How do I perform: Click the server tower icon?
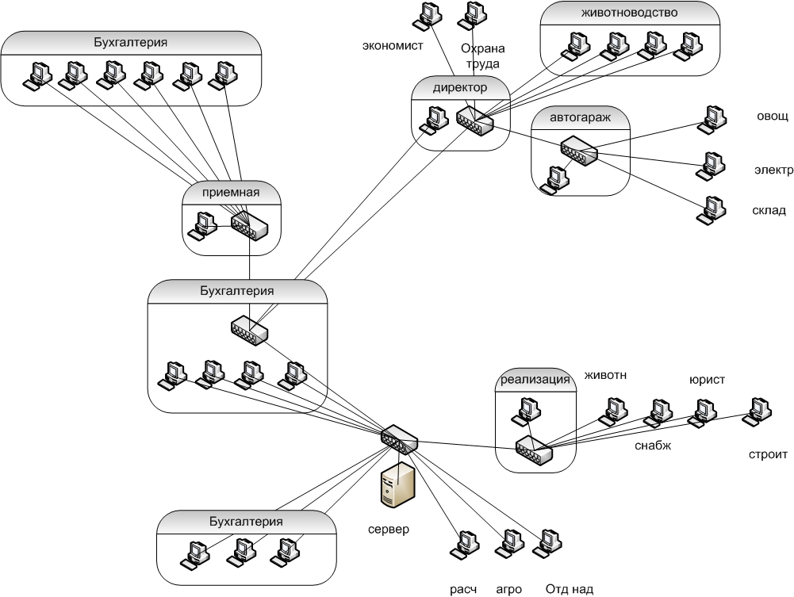tap(398, 486)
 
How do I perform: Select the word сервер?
tap(389, 529)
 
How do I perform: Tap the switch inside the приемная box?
tap(250, 226)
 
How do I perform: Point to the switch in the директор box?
tap(474, 121)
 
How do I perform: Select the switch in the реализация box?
tap(534, 449)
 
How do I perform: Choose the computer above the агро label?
tap(507, 543)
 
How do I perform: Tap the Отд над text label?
tap(569, 588)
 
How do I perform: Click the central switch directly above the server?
tap(398, 438)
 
